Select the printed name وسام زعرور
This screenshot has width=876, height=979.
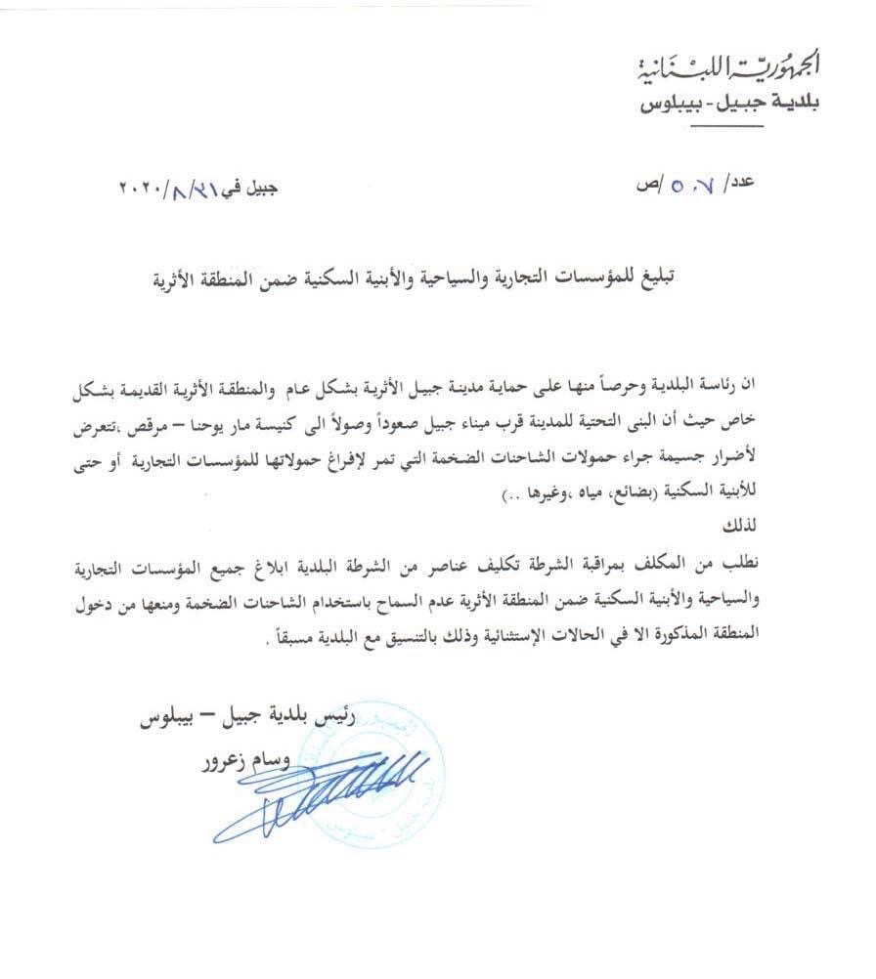(x=235, y=760)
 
